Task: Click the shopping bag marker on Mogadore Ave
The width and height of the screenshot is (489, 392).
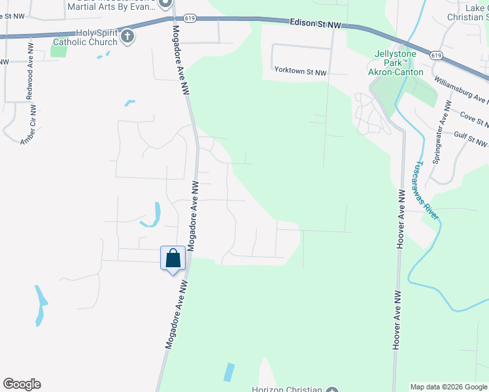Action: point(173,258)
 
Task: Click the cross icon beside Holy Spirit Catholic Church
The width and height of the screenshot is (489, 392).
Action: point(128,37)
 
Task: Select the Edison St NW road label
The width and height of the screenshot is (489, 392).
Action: point(316,24)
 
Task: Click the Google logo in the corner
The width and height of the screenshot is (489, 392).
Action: point(22,384)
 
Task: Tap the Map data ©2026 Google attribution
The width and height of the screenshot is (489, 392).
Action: point(448,387)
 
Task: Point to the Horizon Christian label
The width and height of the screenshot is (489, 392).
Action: point(287,389)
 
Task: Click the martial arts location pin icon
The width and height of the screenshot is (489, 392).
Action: point(167,3)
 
